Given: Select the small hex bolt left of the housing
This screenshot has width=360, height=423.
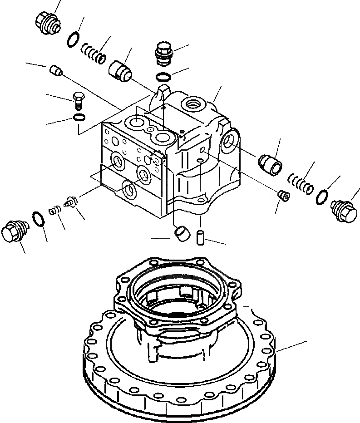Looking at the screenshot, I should pos(78,100).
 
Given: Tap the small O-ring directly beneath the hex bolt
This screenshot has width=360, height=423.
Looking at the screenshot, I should pos(79,118).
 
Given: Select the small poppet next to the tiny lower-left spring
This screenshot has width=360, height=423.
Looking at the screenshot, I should pos(70,201).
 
